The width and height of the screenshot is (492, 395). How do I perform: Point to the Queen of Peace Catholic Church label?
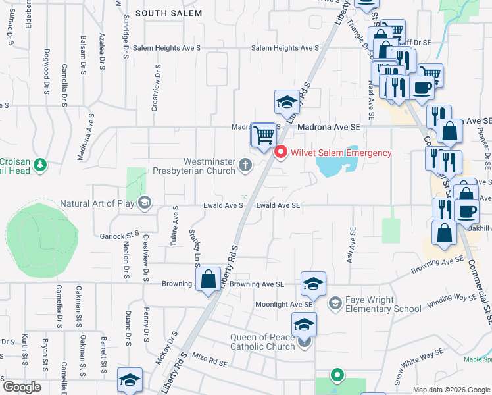263,342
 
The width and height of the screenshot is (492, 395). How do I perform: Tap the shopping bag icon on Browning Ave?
209,280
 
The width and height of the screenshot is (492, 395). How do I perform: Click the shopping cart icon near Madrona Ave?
264,136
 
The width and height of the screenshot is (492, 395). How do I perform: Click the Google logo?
22,387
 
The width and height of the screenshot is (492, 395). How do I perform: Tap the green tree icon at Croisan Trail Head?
40,163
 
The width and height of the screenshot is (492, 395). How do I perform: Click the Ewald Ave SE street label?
278,206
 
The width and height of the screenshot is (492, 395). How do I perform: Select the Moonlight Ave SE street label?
283,305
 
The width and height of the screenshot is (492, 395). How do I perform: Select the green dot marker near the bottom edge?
337,375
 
